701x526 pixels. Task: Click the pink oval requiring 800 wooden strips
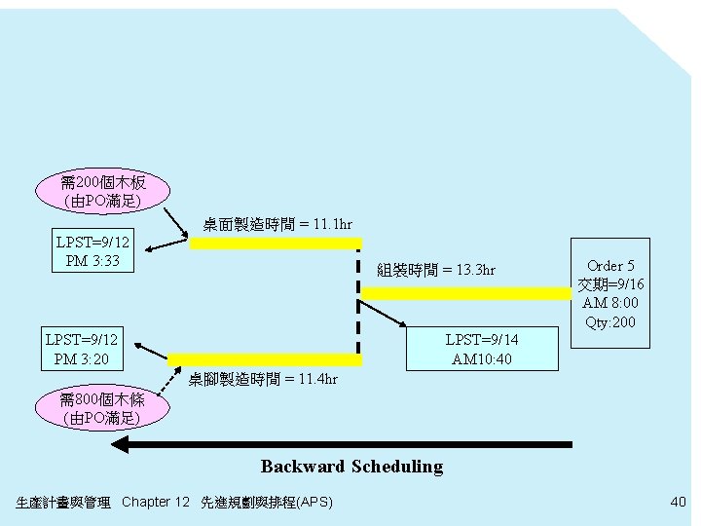point(101,408)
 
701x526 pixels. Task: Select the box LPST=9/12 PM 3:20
point(83,349)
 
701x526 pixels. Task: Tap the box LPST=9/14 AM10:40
point(482,349)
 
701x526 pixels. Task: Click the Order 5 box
point(610,293)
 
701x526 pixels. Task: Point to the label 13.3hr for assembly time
point(436,270)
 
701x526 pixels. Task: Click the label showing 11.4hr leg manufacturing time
point(263,379)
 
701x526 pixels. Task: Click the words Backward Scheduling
point(351,467)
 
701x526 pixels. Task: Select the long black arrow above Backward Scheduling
point(341,444)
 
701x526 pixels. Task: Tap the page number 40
point(678,502)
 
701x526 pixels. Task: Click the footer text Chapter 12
point(156,503)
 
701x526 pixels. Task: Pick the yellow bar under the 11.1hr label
point(276,244)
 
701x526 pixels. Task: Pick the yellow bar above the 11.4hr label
point(265,359)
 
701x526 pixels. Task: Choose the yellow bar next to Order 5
point(465,292)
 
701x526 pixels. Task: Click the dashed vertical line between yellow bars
point(358,302)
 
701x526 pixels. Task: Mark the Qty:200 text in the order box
point(610,322)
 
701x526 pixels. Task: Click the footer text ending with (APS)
point(266,503)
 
